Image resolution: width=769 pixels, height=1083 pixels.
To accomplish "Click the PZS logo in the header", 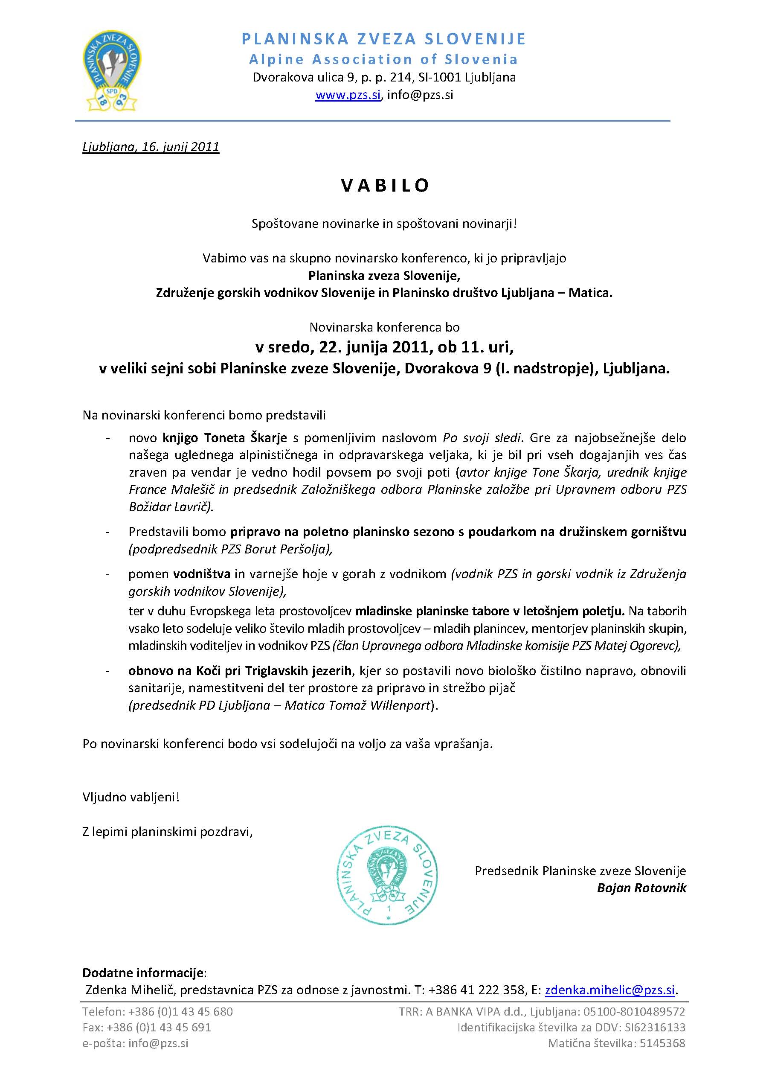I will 112,70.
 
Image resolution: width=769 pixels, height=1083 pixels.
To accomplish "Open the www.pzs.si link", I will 348,95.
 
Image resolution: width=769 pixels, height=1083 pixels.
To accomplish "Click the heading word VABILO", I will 385,185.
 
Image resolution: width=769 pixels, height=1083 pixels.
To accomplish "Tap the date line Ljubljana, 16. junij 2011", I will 151,147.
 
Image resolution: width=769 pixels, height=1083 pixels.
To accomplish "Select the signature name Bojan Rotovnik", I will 641,888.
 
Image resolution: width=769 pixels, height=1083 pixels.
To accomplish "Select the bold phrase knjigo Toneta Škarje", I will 225,437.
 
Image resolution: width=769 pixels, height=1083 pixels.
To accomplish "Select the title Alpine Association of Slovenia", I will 383,59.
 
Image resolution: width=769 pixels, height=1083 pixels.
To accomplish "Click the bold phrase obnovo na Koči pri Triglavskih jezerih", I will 240,670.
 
